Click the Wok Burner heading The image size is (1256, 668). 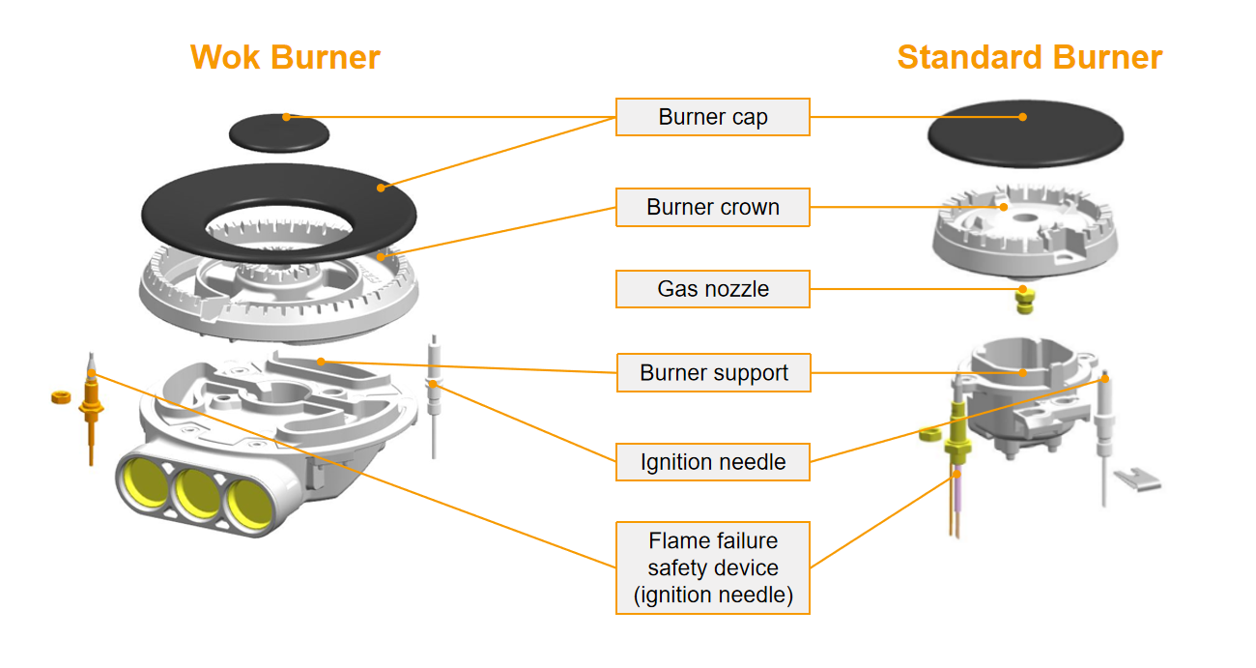[285, 57]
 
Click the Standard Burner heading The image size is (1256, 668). [1029, 57]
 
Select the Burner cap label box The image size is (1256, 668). [713, 117]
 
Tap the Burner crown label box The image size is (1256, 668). [713, 207]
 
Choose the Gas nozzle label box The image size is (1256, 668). [713, 288]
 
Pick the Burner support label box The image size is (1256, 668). [713, 373]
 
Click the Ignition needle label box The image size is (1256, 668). [713, 462]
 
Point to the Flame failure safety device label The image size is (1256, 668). [713, 567]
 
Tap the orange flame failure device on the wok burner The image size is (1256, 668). [93, 406]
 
